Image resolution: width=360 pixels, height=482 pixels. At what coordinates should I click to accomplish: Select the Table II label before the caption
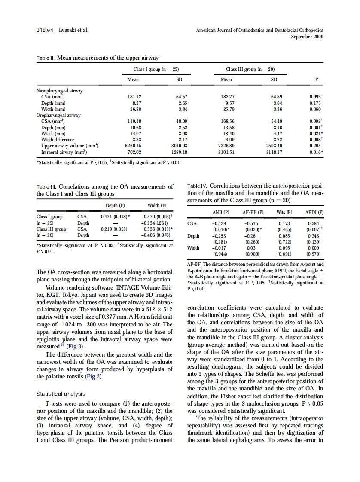point(46,57)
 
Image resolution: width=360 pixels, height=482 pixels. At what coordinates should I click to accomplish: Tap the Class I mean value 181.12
point(135,97)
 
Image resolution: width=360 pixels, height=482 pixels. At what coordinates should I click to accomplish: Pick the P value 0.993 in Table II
point(315,97)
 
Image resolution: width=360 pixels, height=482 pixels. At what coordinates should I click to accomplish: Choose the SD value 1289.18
point(179,152)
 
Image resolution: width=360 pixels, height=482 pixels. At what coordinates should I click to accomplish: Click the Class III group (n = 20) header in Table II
point(250,69)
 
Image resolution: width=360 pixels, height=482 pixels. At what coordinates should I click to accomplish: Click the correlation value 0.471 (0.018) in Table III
point(115,217)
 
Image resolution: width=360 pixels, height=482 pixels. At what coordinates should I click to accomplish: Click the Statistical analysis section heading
point(61,394)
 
